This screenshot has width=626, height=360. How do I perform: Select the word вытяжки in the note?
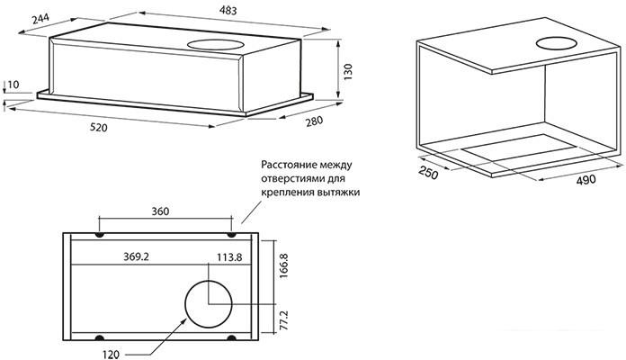pyautogui.click(x=326, y=192)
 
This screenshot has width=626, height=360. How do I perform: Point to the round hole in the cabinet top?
pyautogui.click(x=559, y=43)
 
